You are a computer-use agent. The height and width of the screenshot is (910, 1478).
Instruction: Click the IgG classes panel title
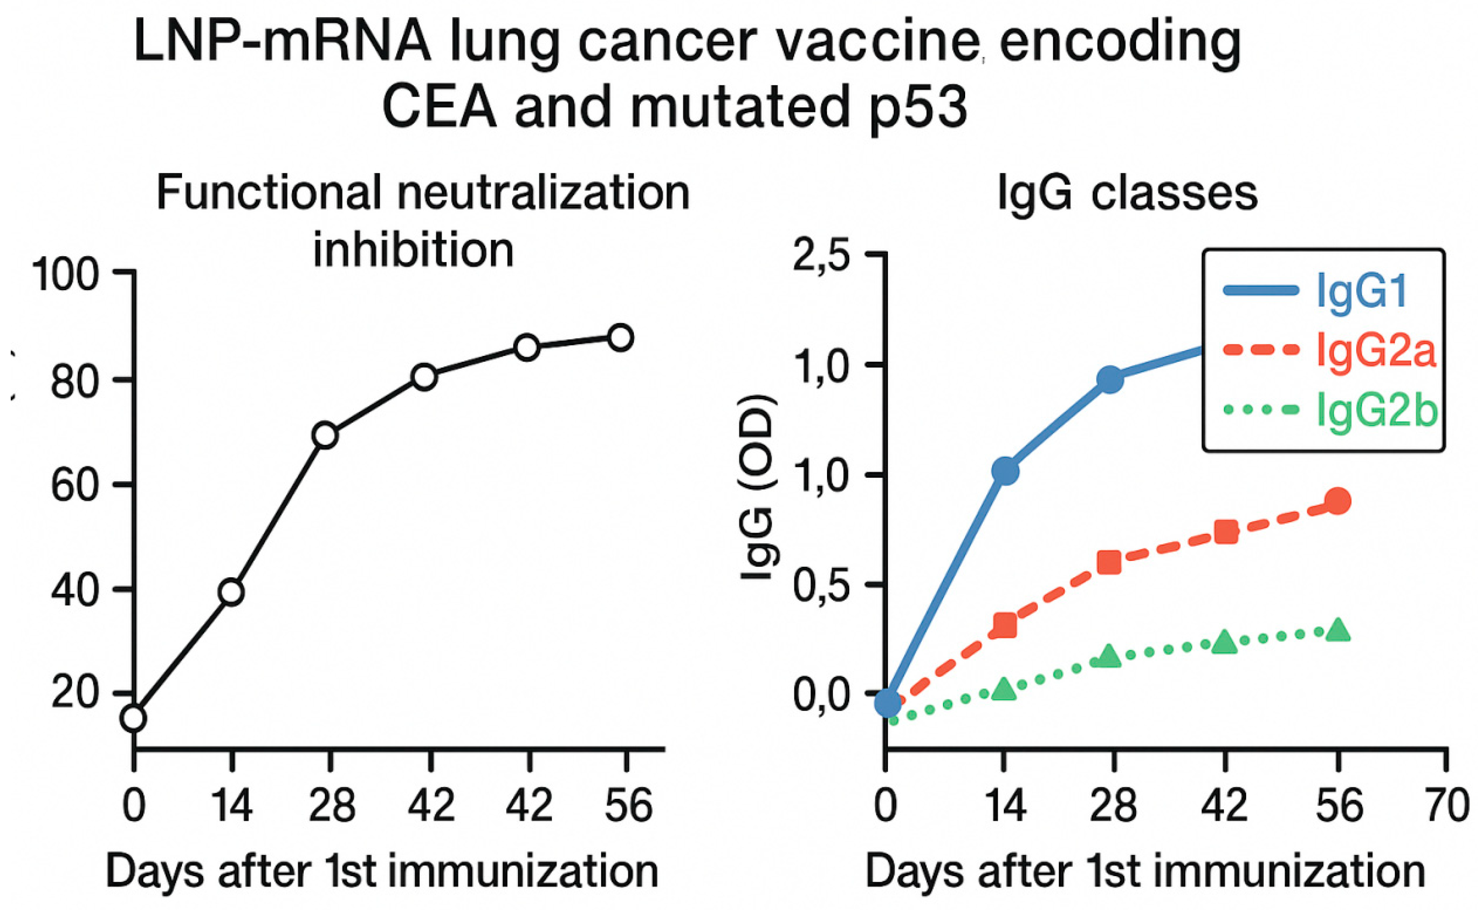1127,194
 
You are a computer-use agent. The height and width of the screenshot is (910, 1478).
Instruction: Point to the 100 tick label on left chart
65,276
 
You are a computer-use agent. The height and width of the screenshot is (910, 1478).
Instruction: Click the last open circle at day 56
620,338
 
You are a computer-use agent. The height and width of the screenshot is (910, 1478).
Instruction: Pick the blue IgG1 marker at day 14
1005,470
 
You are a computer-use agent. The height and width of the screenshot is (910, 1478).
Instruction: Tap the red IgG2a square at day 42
1226,532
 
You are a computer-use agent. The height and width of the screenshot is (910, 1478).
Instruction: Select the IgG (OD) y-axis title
757,488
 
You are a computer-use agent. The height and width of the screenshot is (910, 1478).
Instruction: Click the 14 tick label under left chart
232,807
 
